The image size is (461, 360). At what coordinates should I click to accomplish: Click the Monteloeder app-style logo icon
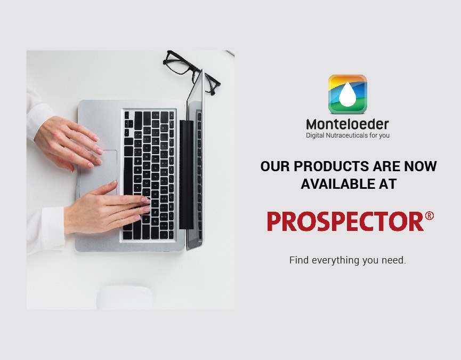tap(347, 94)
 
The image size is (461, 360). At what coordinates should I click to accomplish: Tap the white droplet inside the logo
tap(347, 94)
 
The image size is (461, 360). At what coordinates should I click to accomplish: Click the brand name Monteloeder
tap(347, 124)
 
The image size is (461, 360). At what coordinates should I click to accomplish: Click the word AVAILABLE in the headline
tap(336, 184)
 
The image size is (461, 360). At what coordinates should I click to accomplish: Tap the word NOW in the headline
tap(420, 166)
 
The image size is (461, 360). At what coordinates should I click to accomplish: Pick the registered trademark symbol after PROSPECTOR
tap(429, 215)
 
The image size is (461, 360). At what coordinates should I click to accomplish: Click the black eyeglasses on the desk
tap(191, 72)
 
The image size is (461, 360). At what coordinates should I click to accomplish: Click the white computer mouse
tap(125, 298)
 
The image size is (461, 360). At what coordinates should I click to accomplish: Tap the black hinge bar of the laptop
tap(187, 174)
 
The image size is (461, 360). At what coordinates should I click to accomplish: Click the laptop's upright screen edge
tap(195, 161)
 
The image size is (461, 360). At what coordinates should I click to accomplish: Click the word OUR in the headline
tap(275, 166)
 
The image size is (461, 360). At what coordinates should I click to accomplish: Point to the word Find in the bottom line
tap(299, 260)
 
